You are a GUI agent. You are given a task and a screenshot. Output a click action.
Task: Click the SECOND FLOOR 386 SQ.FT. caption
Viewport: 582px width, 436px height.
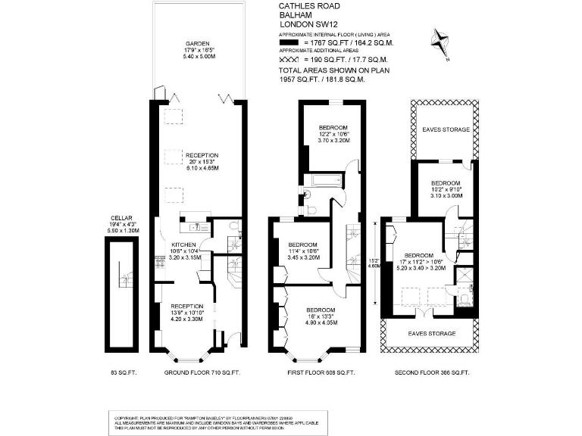coord(433,373)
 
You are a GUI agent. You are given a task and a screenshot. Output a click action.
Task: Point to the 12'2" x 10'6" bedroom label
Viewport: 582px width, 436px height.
coord(332,133)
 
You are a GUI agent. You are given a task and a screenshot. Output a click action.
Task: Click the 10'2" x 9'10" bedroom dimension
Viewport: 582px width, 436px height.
coord(446,189)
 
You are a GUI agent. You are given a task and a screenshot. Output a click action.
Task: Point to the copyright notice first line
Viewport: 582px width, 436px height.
coord(208,417)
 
